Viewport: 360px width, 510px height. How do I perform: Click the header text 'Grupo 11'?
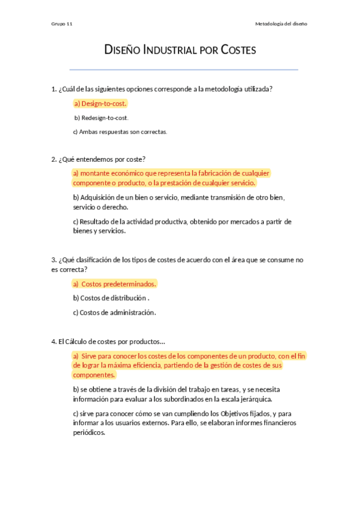point(62,24)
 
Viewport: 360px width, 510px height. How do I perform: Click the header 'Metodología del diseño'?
point(281,24)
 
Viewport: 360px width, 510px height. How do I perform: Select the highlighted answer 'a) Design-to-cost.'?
point(100,103)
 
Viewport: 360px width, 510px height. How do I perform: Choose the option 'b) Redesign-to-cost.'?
point(101,118)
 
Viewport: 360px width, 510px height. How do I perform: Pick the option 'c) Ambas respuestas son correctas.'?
point(120,132)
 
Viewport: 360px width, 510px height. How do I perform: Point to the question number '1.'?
point(54,89)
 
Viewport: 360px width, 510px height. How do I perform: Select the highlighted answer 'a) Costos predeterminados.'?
point(115,284)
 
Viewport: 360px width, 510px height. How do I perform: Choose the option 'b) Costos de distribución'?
point(109,298)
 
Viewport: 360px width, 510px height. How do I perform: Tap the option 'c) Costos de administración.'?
point(114,313)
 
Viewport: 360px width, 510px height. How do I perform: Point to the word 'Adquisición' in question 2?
point(99,197)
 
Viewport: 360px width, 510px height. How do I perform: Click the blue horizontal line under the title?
point(184,70)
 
